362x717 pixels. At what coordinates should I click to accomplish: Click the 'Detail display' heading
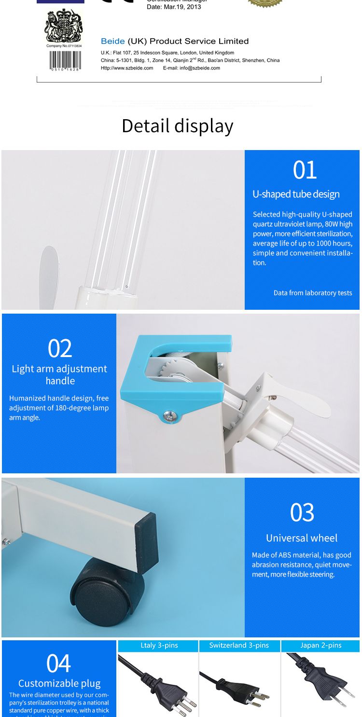(x=178, y=126)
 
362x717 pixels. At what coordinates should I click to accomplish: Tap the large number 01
(x=305, y=170)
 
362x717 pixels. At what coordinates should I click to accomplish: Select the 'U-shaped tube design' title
(x=296, y=194)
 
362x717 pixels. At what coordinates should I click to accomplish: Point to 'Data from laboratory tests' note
(x=312, y=293)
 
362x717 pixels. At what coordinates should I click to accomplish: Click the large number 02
(x=60, y=348)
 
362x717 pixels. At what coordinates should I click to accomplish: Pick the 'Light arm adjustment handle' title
(x=59, y=374)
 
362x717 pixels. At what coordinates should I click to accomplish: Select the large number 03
(x=302, y=512)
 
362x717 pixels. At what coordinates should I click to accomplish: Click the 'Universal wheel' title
(x=302, y=538)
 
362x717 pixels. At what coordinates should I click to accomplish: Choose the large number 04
(x=59, y=663)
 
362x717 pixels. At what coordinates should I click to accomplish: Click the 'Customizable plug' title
(x=59, y=683)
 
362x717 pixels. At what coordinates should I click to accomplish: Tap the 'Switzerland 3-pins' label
(x=239, y=646)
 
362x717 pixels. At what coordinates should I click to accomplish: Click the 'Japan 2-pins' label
(x=320, y=646)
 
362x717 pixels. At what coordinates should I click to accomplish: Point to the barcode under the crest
(x=65, y=60)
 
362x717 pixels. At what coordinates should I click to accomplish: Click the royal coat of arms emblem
(x=64, y=26)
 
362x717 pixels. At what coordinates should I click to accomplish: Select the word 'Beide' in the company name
(x=112, y=41)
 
